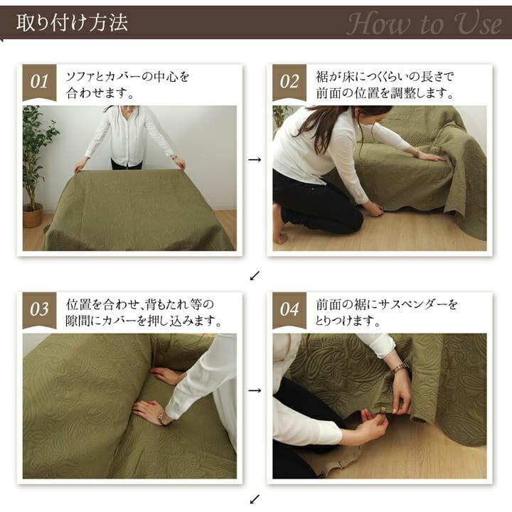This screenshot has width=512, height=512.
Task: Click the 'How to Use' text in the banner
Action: point(424,23)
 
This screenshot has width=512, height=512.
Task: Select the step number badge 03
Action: point(39,310)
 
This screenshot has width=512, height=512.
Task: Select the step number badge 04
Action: point(289,310)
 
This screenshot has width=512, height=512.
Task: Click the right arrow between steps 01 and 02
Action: point(255,160)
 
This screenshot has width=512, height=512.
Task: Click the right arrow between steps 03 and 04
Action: point(255,390)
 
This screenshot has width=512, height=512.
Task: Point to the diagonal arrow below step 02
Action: point(255,274)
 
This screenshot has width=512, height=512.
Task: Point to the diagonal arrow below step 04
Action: point(255,499)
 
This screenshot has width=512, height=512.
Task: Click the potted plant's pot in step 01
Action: point(33,215)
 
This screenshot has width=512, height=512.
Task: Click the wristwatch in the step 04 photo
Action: point(399,368)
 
